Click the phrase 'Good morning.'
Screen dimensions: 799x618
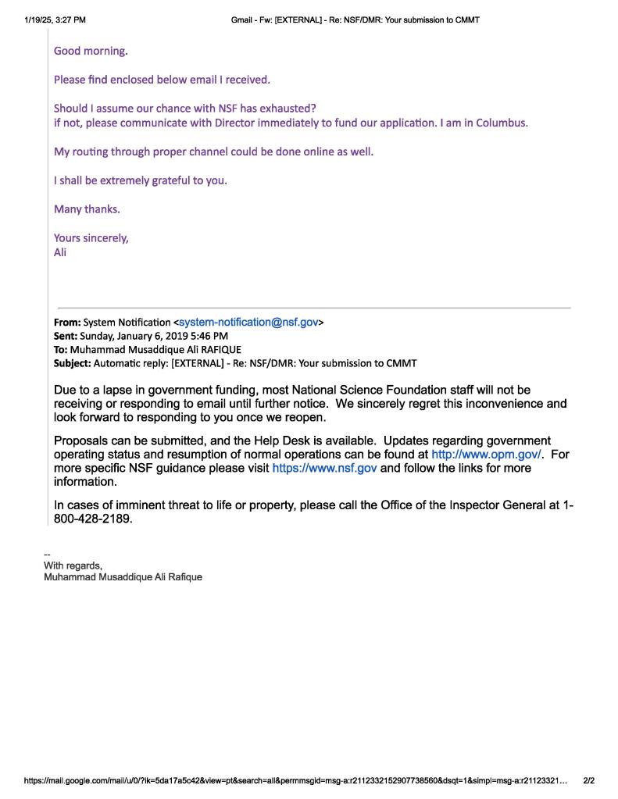coord(91,51)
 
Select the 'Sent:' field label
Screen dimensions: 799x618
coord(66,336)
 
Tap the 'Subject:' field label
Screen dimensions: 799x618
coord(72,363)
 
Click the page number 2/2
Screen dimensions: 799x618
coord(589,780)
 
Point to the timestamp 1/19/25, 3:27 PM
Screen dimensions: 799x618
coord(55,20)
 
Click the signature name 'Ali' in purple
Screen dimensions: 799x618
coord(60,252)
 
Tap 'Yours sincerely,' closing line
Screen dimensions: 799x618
coord(91,237)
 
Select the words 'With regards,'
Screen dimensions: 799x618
coord(73,565)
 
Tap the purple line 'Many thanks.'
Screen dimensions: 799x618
coord(87,209)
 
